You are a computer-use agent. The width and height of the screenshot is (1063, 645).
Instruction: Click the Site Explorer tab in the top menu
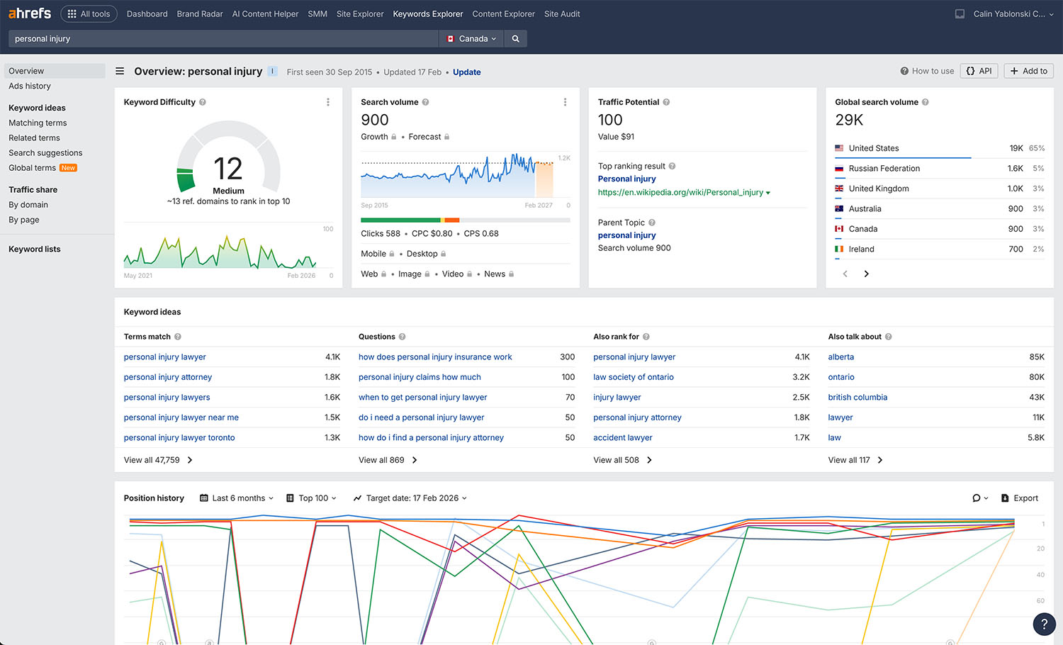click(x=359, y=14)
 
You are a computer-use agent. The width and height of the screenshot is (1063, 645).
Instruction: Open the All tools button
click(x=89, y=14)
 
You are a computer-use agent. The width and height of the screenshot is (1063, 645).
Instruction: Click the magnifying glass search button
click(x=515, y=39)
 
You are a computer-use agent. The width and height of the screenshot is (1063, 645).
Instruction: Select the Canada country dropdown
click(x=472, y=39)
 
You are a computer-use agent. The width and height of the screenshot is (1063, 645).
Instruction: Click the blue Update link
click(x=466, y=72)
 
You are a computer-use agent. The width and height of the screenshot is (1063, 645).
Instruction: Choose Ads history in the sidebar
click(x=30, y=86)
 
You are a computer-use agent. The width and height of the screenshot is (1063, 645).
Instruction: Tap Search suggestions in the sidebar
click(x=45, y=153)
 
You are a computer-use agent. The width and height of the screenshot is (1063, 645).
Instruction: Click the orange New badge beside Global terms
click(x=68, y=168)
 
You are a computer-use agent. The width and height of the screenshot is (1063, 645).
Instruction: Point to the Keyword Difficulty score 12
click(x=227, y=169)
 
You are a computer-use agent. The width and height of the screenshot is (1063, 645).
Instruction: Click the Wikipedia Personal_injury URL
click(x=680, y=192)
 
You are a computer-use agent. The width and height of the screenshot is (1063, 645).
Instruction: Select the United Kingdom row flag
click(x=839, y=189)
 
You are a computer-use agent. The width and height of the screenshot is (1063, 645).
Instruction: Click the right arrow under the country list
click(x=866, y=274)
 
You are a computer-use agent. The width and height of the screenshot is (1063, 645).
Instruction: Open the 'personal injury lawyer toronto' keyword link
click(x=179, y=438)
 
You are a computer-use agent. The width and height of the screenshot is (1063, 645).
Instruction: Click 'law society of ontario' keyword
click(x=633, y=377)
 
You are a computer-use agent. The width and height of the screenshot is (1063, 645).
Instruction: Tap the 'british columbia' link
click(x=857, y=398)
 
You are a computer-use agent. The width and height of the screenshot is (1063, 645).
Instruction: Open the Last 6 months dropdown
click(x=237, y=498)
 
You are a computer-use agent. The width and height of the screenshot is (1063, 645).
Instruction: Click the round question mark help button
click(x=1043, y=624)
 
